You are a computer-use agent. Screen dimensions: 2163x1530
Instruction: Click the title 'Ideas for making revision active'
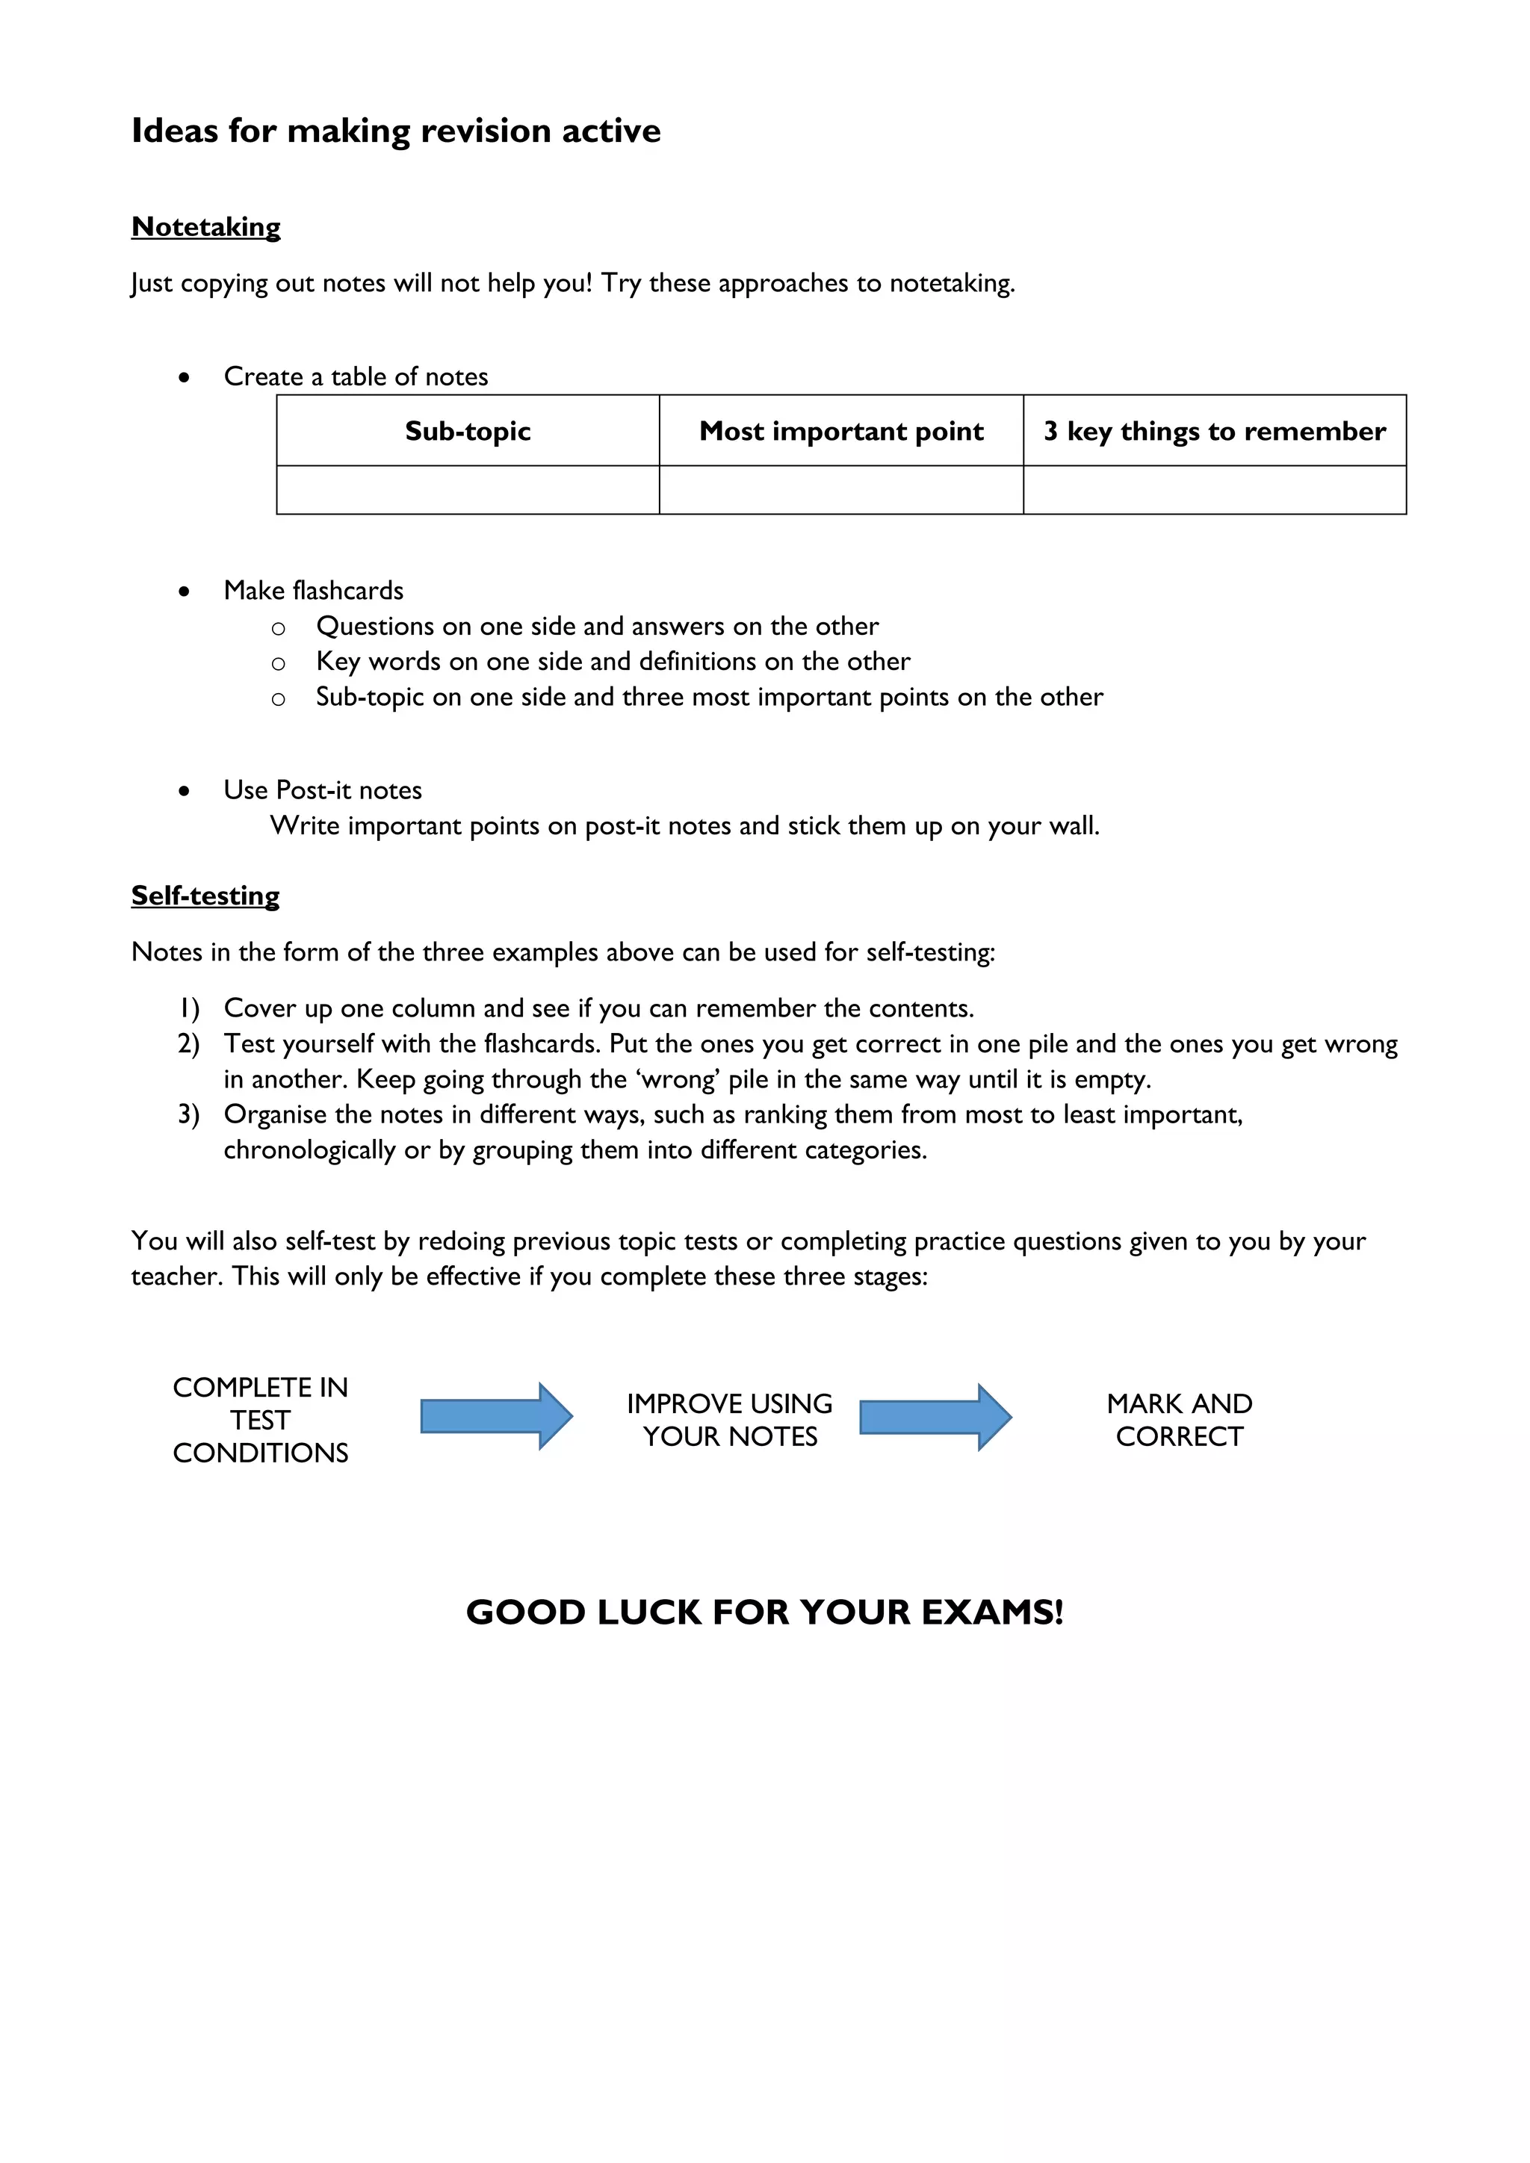tap(396, 131)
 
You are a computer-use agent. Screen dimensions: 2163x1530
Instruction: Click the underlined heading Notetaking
tap(205, 227)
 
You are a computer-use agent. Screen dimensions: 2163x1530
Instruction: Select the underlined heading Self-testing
tap(205, 896)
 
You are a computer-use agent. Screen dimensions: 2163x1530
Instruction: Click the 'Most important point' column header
tap(840, 432)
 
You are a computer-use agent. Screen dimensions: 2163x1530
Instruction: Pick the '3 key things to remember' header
tap(1215, 432)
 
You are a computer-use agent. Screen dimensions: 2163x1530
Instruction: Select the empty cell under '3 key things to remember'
tap(1215, 491)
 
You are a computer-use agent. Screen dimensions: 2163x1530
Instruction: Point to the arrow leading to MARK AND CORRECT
tap(935, 1417)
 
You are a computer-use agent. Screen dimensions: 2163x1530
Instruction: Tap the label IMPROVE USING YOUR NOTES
tap(729, 1421)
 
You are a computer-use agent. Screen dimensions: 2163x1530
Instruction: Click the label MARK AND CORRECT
tap(1180, 1421)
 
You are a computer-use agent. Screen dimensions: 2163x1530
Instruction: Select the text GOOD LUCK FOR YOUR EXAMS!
tap(764, 1613)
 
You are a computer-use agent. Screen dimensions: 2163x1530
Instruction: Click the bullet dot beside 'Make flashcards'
tap(184, 592)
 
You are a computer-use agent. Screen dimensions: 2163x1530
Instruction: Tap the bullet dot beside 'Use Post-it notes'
tap(184, 792)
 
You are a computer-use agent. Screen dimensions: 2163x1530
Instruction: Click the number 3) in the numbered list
tap(188, 1115)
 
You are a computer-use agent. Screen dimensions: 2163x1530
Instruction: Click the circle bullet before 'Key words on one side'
tap(278, 663)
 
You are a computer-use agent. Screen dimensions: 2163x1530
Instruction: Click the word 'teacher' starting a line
tap(176, 1277)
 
